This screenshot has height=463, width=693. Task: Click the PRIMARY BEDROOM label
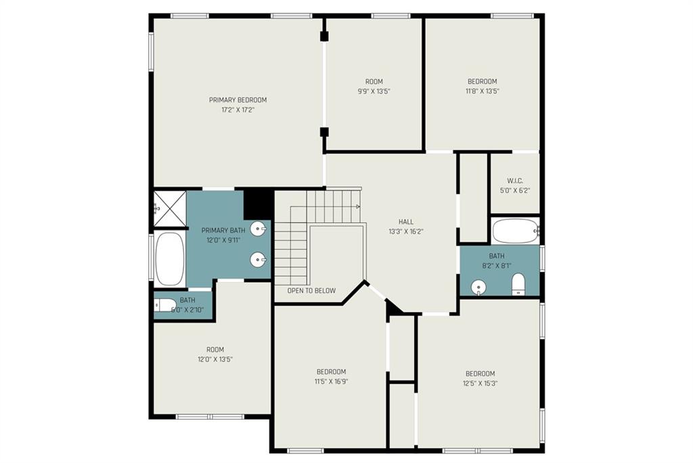pos(238,100)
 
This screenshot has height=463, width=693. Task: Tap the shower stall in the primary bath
pos(170,208)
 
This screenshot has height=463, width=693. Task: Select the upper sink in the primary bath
pos(259,229)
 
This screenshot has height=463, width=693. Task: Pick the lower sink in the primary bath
pos(259,259)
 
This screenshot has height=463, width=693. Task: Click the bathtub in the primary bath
pos(170,259)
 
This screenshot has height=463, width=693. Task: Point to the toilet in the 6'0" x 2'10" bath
pos(165,305)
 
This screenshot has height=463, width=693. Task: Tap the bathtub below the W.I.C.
pos(515,231)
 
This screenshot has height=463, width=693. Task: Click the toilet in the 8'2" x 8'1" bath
pos(518,284)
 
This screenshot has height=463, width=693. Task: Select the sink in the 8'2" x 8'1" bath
pos(478,288)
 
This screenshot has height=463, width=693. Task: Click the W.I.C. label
pos(515,181)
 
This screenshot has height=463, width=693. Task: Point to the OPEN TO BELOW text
pos(311,290)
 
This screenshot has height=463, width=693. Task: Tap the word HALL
pos(406,221)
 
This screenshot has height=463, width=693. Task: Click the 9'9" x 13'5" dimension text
pos(374,91)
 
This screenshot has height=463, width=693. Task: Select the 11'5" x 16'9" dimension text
pos(332,381)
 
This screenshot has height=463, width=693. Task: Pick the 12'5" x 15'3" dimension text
pos(480,383)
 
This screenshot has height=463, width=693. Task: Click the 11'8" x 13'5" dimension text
pos(482,91)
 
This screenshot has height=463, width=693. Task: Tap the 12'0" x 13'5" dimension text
pos(215,359)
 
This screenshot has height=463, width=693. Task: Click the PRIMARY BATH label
pos(223,230)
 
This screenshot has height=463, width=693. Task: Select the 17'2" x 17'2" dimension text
pos(238,110)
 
